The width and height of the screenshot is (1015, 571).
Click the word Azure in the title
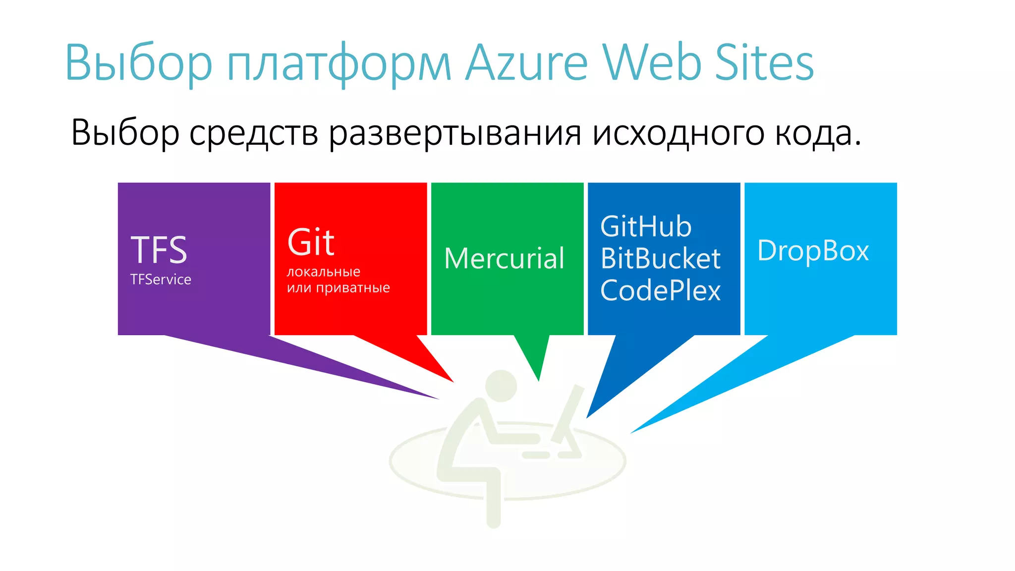point(527,63)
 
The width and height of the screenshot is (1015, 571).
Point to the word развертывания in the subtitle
point(455,133)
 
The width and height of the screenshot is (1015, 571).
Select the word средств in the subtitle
point(253,133)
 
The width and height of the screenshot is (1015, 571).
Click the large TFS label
point(159,250)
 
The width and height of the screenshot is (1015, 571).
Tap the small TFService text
point(161,280)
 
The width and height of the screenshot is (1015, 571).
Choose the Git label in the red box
point(311,242)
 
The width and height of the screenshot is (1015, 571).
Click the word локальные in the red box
point(324,272)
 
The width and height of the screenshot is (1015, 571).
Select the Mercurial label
point(504,258)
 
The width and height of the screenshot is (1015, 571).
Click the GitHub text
point(646,227)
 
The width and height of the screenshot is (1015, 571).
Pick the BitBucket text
point(660,258)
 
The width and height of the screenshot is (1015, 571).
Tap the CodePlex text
point(660,290)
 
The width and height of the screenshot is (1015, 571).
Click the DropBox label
point(813,251)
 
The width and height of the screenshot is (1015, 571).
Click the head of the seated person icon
point(501,386)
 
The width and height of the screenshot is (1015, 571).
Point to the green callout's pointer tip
point(539,380)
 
